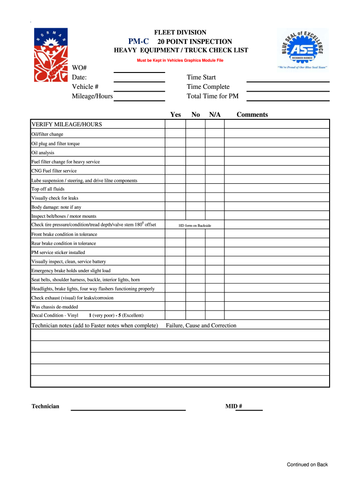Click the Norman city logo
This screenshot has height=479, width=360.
(x=50, y=54)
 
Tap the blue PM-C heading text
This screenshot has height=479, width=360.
(x=139, y=41)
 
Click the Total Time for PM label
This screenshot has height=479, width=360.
(x=213, y=96)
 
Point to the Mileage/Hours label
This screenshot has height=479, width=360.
(x=92, y=96)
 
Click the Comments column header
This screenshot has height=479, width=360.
(x=252, y=115)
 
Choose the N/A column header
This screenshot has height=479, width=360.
(x=215, y=115)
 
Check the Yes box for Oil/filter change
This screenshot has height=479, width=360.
(x=175, y=134)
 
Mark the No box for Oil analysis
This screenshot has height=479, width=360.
(x=196, y=152)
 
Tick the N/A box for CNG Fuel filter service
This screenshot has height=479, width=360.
(x=215, y=171)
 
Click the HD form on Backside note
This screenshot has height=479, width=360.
(x=195, y=225)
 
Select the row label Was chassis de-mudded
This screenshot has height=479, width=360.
(x=55, y=307)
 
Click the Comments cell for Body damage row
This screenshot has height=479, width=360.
(x=277, y=207)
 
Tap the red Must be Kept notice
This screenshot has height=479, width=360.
(x=180, y=61)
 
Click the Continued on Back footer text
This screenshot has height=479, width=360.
(x=307, y=464)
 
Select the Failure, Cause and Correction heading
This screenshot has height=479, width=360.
(x=201, y=326)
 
